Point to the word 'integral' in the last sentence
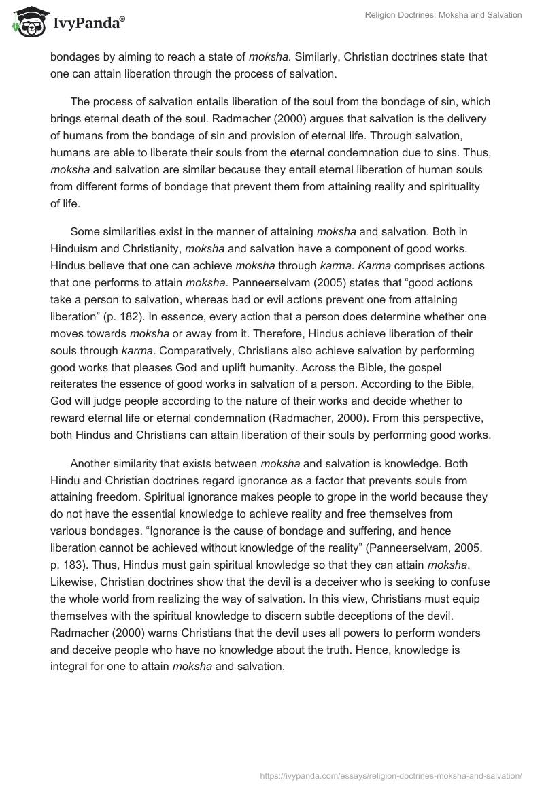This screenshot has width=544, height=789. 70,666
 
